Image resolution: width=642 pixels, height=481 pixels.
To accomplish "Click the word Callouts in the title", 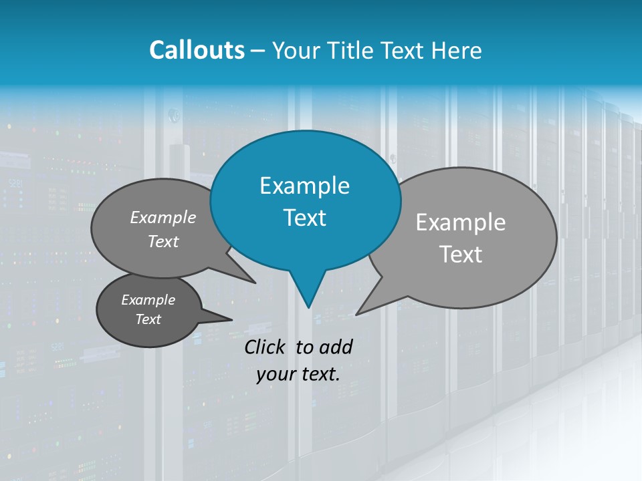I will [x=197, y=51].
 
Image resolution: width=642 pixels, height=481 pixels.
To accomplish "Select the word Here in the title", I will [x=456, y=51].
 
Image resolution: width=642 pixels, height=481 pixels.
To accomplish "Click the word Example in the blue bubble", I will [x=304, y=186].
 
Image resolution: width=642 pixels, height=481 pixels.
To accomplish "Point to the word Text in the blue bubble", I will [x=304, y=218].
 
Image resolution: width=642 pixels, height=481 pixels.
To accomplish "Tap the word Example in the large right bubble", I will [x=461, y=222].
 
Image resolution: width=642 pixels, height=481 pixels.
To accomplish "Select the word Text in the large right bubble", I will [x=461, y=255].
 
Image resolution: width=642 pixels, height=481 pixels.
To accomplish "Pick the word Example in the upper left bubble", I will [x=163, y=218].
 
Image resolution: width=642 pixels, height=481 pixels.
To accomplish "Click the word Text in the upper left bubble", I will [x=163, y=242].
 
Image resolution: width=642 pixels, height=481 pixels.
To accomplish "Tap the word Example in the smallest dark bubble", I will [x=148, y=300].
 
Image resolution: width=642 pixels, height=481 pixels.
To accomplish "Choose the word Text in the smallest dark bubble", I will [x=148, y=319].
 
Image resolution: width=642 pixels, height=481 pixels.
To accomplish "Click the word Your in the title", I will [x=298, y=51].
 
